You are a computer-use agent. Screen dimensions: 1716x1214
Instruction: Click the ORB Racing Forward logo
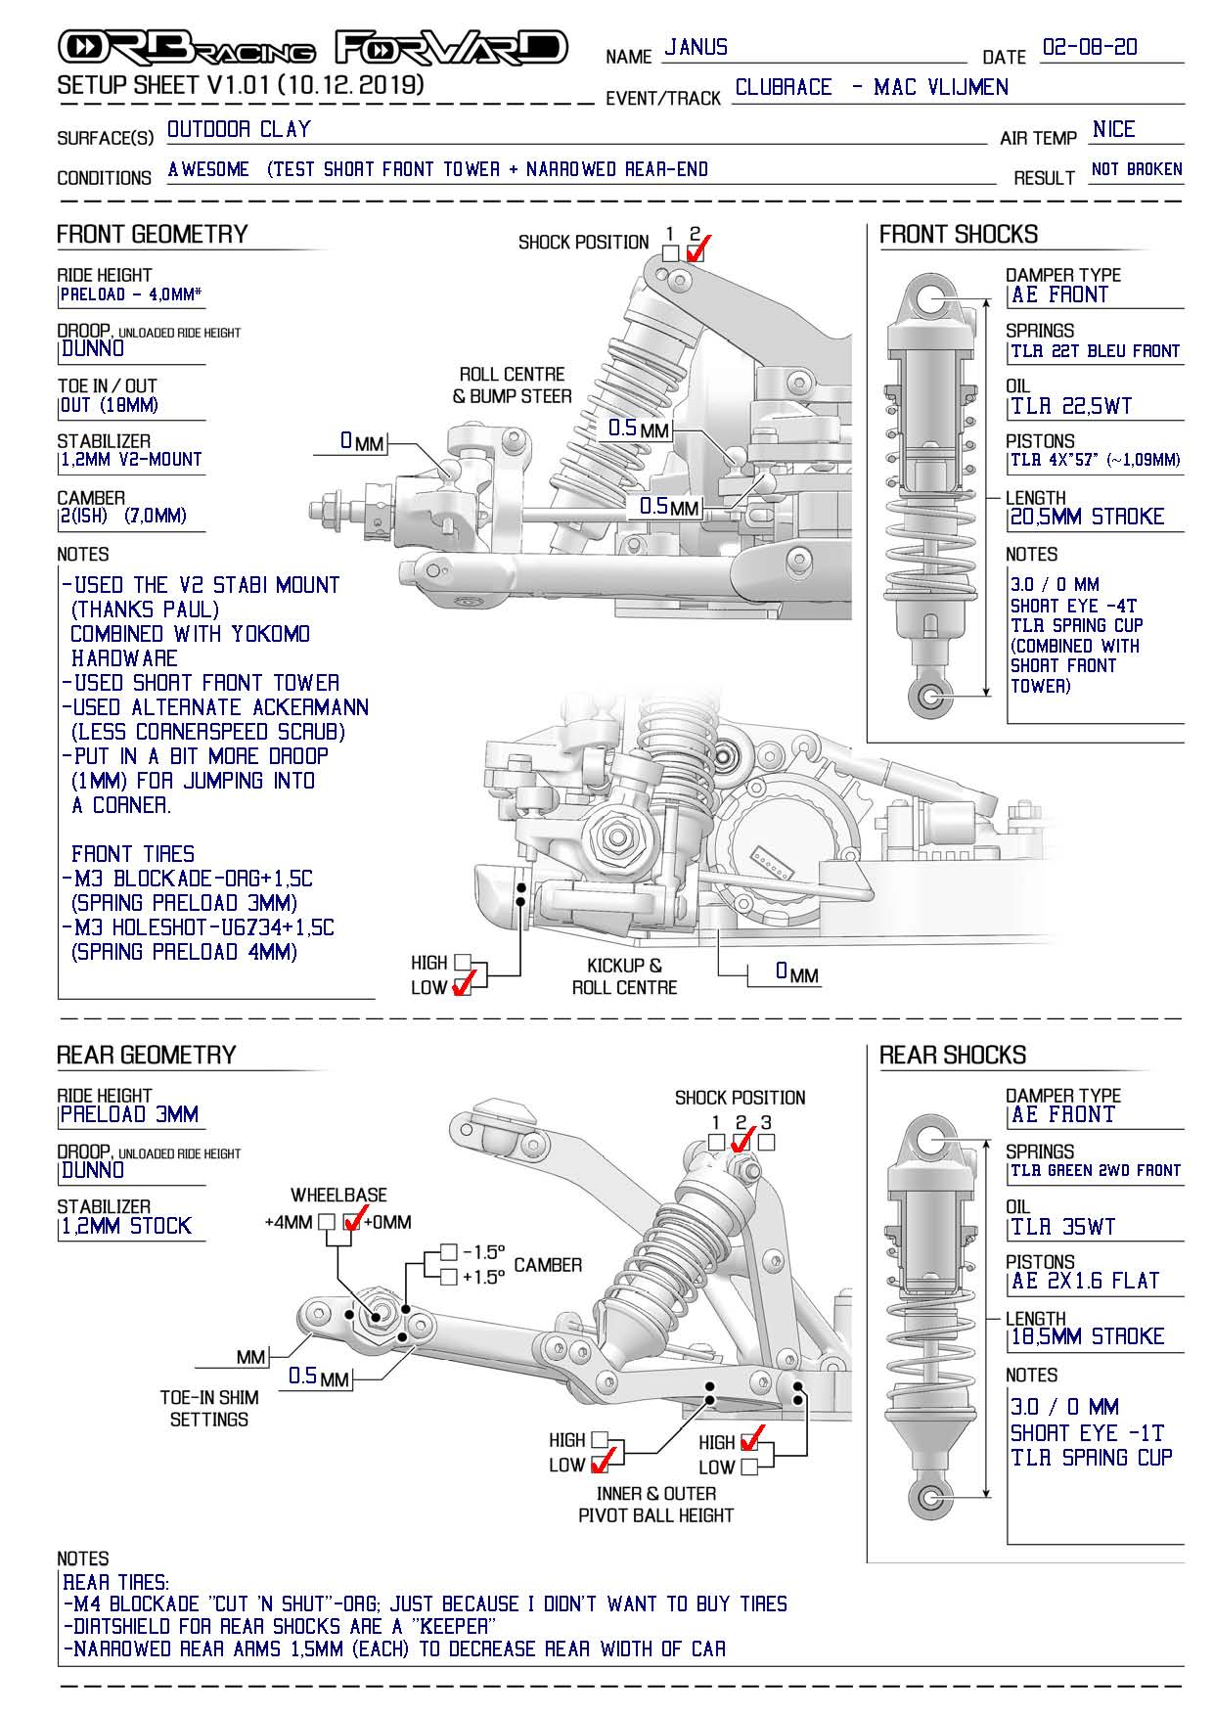pyautogui.click(x=313, y=47)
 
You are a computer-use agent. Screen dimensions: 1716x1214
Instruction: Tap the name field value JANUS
pyautogui.click(x=696, y=47)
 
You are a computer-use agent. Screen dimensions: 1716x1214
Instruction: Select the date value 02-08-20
pyautogui.click(x=1090, y=47)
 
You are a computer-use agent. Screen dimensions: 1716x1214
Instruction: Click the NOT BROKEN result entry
pyautogui.click(x=1136, y=169)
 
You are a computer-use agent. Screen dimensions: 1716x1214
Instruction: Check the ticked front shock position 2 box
pyautogui.click(x=696, y=252)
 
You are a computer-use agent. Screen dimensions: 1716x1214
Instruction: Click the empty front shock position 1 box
pyautogui.click(x=670, y=252)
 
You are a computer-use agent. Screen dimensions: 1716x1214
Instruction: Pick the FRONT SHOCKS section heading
pyautogui.click(x=958, y=235)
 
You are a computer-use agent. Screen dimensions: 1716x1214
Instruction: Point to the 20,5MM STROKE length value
pyautogui.click(x=1087, y=517)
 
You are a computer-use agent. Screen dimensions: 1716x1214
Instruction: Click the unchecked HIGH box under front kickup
pyautogui.click(x=462, y=963)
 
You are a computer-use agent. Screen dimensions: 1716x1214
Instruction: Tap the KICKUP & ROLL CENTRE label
pyautogui.click(x=624, y=976)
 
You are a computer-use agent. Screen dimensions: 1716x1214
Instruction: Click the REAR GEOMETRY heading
pyautogui.click(x=146, y=1055)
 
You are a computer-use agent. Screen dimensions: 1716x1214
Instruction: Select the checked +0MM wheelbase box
pyautogui.click(x=353, y=1222)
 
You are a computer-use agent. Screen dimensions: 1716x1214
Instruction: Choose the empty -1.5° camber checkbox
pyautogui.click(x=448, y=1251)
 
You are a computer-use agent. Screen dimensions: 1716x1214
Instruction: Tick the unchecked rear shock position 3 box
pyautogui.click(x=767, y=1142)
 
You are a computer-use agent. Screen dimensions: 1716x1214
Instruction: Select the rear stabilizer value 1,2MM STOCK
pyautogui.click(x=126, y=1226)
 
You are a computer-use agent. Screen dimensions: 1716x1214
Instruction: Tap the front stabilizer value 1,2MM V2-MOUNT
pyautogui.click(x=130, y=459)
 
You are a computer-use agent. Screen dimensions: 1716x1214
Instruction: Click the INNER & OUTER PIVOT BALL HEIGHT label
pyautogui.click(x=655, y=1505)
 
